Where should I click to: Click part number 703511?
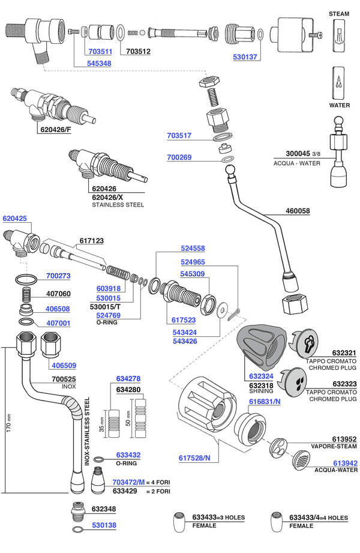click(x=100, y=52)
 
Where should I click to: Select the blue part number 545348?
click(x=99, y=64)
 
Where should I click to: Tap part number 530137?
click(x=245, y=57)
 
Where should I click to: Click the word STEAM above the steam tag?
click(x=339, y=14)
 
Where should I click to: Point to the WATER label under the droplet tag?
click(x=340, y=105)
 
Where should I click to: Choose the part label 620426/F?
click(x=56, y=130)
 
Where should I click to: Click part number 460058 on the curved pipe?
click(x=298, y=211)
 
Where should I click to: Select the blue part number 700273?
click(x=58, y=276)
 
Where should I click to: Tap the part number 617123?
click(x=92, y=241)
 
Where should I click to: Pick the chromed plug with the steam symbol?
click(x=304, y=342)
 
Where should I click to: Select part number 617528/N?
click(x=194, y=458)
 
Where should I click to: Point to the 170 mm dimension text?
click(x=9, y=423)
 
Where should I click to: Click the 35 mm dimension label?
click(x=101, y=425)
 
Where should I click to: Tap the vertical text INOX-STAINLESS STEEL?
click(x=87, y=431)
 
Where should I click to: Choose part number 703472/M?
click(x=128, y=482)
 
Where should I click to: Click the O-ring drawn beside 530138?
click(x=77, y=530)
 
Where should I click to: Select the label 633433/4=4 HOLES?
click(x=319, y=518)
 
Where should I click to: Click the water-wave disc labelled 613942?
click(x=301, y=460)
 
